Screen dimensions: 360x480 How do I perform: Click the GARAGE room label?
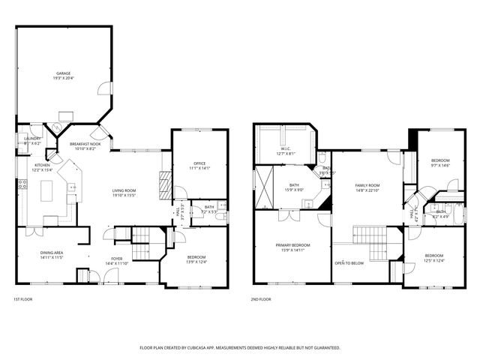pos(64,73)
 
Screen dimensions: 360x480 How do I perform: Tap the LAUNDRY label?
pos(31,138)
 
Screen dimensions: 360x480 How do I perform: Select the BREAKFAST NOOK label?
pos(84,143)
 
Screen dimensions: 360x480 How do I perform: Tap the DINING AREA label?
pos(52,253)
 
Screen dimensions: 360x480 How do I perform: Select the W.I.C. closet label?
pos(286,148)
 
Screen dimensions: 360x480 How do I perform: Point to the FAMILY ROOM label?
pos(367,184)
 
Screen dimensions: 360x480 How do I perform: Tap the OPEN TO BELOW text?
pos(349,263)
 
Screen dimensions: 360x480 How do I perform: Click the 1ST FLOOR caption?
pos(22,299)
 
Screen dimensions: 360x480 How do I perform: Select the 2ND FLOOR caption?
pos(261,299)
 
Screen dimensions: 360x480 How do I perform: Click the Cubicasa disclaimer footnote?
pos(240,348)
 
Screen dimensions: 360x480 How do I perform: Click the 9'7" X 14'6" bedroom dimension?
pos(440,166)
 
